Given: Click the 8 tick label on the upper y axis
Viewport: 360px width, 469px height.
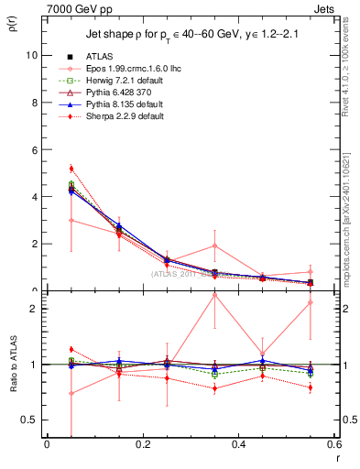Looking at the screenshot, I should tap(33, 103).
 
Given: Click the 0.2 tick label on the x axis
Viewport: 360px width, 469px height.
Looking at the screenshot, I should tap(142, 444).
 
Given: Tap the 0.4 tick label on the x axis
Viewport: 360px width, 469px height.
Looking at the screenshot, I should tap(238, 444).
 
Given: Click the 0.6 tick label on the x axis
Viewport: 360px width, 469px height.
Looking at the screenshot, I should tap(333, 444).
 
